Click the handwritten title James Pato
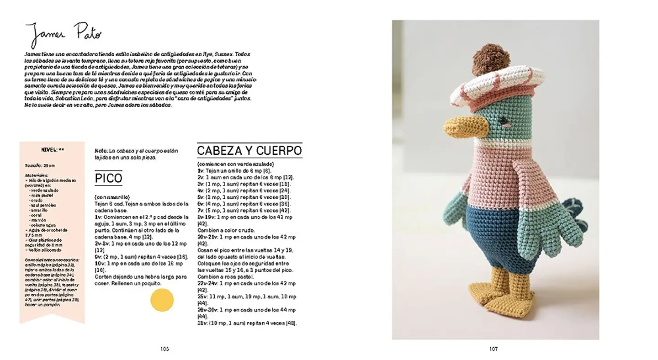coord(63,34)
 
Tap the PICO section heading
coord(108,178)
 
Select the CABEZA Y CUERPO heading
coord(249,150)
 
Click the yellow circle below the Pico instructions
coord(162,300)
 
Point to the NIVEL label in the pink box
coord(49,149)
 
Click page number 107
coord(493,349)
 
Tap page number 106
coord(164,349)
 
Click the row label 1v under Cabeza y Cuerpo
coord(201,170)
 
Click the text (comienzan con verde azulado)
coord(235,164)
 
